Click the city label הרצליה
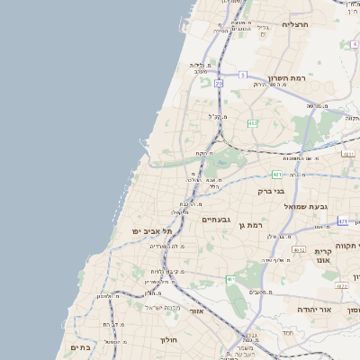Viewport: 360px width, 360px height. tap(295, 24)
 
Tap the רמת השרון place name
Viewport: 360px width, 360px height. tap(287, 79)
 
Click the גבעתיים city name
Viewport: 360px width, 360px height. tap(217, 220)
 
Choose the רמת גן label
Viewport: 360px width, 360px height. tap(249, 224)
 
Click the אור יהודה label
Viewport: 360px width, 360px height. tap(315, 310)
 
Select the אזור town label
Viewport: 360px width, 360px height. tap(197, 310)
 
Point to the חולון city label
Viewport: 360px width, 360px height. tap(169, 340)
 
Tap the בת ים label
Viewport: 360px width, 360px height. tap(79, 346)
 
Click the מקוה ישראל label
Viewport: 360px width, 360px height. tap(164, 308)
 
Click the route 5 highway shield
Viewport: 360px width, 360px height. tap(242, 75)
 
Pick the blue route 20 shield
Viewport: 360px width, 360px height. tap(219, 83)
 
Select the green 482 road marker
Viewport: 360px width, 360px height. tap(253, 123)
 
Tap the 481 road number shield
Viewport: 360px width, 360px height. tap(276, 174)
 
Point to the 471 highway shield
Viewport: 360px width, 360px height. tap(343, 220)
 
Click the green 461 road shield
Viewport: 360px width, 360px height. tap(231, 280)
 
